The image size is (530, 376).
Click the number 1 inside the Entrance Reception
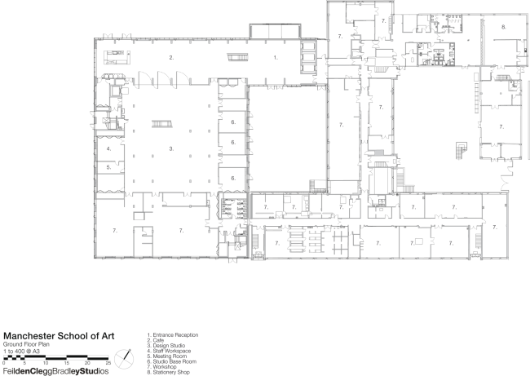(276, 58)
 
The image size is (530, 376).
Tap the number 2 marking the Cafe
(171, 58)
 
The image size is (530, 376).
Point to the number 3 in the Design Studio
(171, 149)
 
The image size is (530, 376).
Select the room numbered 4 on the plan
(108, 149)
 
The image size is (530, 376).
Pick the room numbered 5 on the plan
(108, 167)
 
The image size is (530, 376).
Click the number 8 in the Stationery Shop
(503, 27)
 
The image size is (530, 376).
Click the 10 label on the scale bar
(46, 362)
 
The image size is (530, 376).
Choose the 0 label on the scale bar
(5, 362)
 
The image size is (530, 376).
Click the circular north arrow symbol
(125, 356)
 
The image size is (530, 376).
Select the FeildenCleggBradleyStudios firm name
(54, 371)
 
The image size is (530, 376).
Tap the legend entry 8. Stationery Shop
(169, 372)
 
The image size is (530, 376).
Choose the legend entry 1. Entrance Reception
(173, 334)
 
